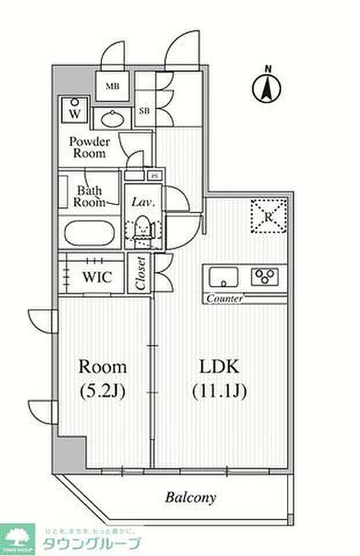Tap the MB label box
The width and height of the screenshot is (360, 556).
coord(112,87)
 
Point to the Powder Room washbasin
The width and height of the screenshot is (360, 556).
coord(112,120)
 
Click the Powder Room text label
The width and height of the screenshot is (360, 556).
coord(89,148)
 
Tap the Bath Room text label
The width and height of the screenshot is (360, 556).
coord(90,196)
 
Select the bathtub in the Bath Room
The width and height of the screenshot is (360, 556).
coord(91,233)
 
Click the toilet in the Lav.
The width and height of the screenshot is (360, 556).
coord(141,228)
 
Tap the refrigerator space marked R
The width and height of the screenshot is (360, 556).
coord(269,216)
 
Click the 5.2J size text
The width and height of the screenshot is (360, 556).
coord(102,391)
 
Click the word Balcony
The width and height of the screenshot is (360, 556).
coord(190,497)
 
